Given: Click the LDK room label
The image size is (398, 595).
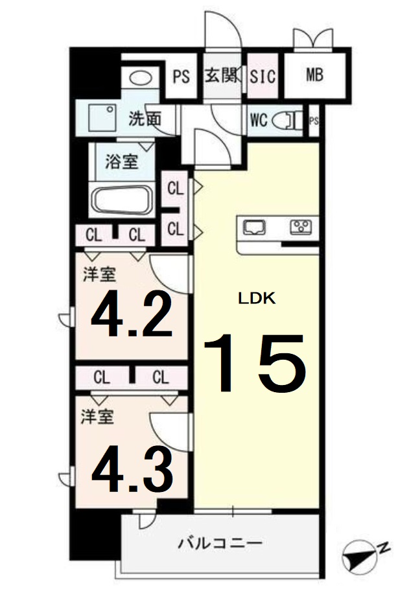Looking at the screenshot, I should [257, 299].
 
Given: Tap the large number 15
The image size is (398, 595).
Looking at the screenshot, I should [255, 364].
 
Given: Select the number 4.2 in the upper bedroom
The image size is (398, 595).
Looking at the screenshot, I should [132, 316].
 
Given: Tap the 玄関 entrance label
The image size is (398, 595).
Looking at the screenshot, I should [221, 75].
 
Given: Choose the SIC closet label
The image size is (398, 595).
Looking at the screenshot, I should [263, 76].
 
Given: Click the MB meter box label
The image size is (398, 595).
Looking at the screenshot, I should [316, 75].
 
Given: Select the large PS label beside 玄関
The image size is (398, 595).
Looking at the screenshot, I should [181, 76].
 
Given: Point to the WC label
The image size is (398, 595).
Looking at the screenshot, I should [259, 120].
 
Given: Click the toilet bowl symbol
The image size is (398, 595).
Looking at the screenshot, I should [285, 120].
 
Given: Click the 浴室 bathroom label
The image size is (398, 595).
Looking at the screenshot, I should [121, 161].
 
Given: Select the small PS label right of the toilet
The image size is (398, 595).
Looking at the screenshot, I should [314, 121].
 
